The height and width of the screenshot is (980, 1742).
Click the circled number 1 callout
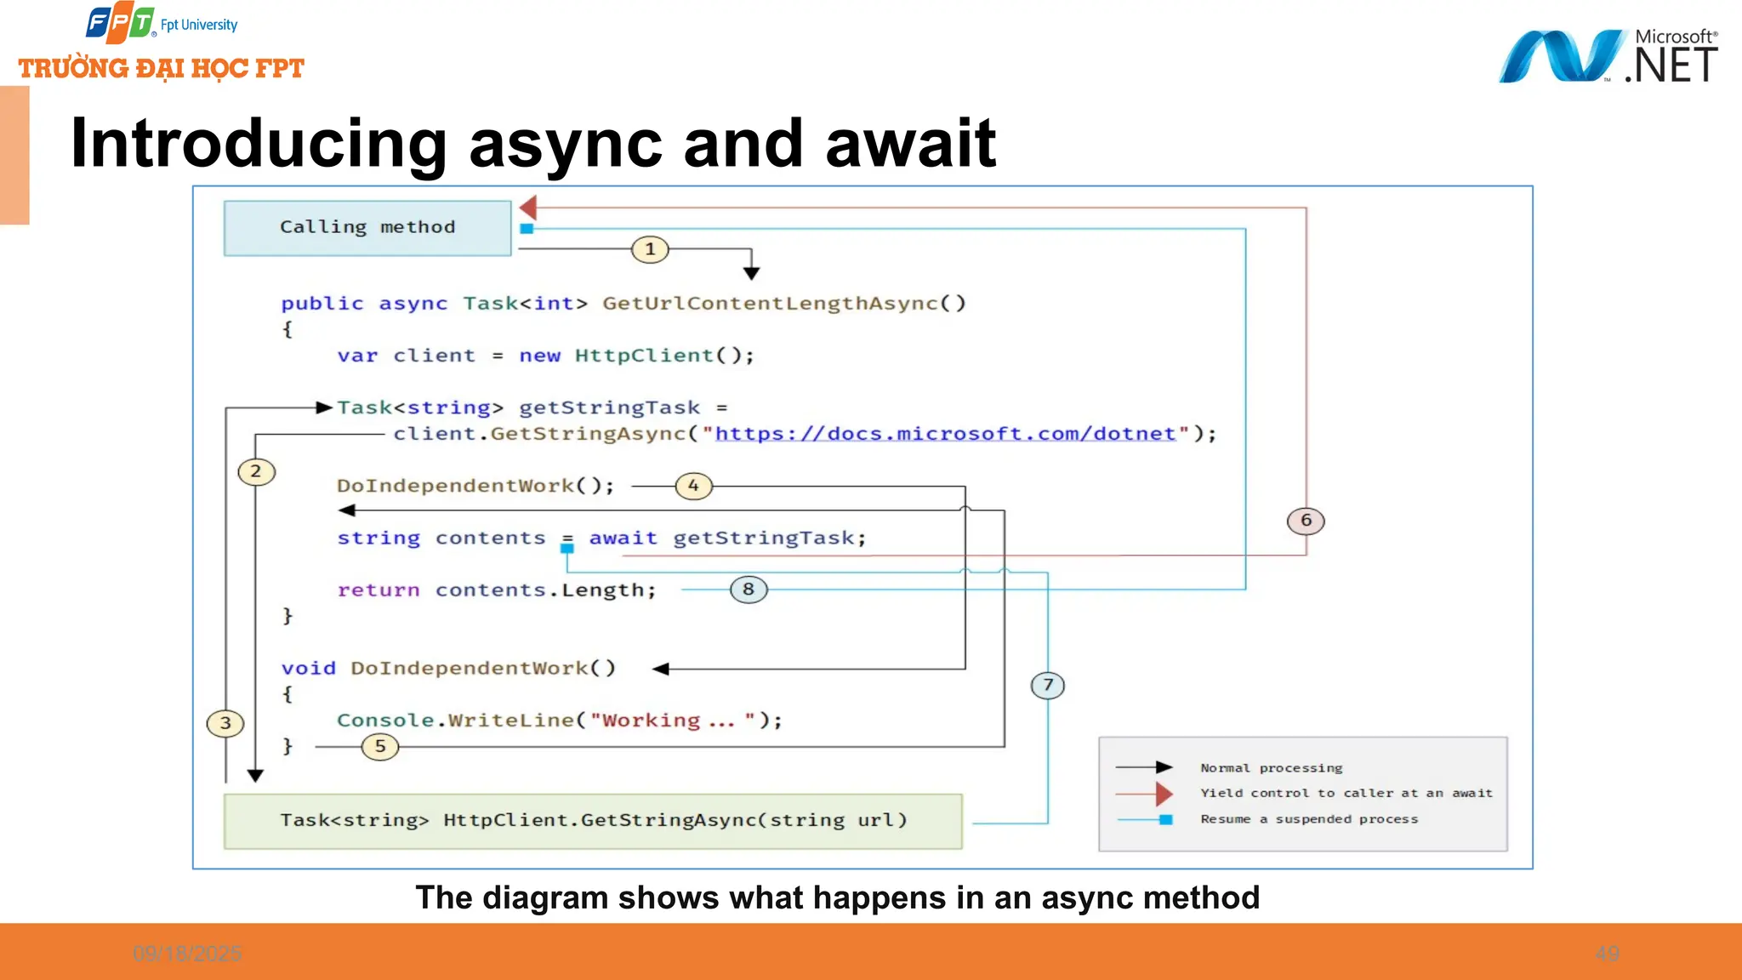tap(650, 249)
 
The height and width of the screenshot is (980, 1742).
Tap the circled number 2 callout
tap(256, 471)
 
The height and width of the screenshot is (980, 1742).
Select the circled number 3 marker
tap(225, 723)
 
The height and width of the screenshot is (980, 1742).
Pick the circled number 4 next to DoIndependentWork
tap(693, 486)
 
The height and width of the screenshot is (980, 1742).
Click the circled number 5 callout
tap(380, 747)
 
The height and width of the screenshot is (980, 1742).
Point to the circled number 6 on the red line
tap(1306, 521)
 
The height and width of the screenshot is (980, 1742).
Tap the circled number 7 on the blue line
tap(1048, 685)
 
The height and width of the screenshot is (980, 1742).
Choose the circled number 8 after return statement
tap(749, 590)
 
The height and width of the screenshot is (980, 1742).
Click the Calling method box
tap(367, 227)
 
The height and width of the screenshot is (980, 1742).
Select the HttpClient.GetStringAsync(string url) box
tap(593, 821)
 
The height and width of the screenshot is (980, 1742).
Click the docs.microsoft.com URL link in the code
tap(945, 434)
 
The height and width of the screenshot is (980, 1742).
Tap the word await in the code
tap(623, 538)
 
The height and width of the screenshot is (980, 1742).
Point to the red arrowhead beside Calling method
tap(528, 207)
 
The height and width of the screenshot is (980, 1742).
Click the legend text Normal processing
tap(1271, 768)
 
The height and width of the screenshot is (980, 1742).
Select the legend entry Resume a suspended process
tap(1309, 819)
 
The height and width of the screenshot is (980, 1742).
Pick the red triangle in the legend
tap(1164, 794)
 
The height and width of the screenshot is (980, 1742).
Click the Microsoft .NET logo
tap(1608, 56)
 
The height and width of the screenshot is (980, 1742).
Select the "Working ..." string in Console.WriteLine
tap(672, 721)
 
